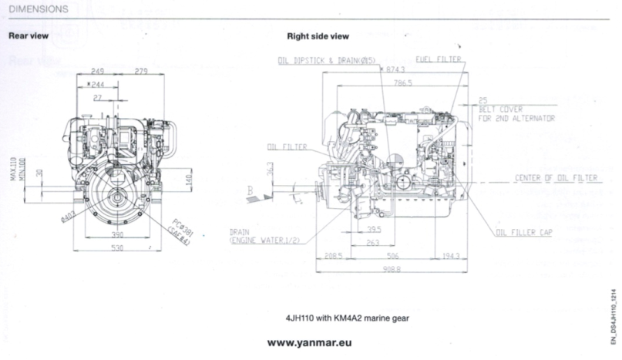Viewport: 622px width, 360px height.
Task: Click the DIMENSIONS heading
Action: pyautogui.click(x=38, y=10)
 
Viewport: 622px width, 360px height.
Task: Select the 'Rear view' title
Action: pyautogui.click(x=29, y=35)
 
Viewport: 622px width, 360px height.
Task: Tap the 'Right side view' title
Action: pyautogui.click(x=318, y=35)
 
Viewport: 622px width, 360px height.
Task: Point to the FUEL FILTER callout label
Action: pyautogui.click(x=439, y=59)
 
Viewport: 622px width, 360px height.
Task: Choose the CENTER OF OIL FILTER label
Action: pyautogui.click(x=556, y=178)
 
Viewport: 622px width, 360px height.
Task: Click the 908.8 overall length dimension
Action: pyautogui.click(x=392, y=270)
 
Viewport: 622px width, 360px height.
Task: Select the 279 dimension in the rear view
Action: pyautogui.click(x=141, y=71)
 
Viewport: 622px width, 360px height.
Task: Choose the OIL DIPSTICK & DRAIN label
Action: pyautogui.click(x=326, y=59)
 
